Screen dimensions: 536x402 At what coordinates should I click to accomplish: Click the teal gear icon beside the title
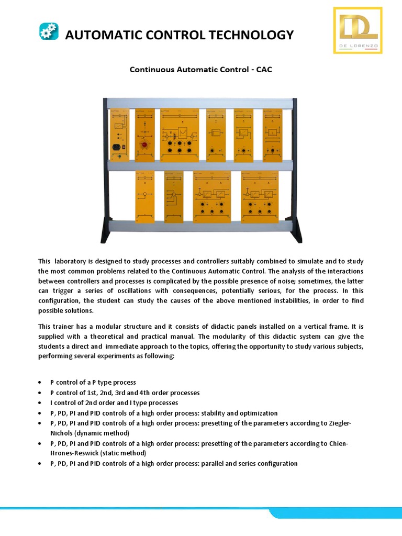click(49, 31)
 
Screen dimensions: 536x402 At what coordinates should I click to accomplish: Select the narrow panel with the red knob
click(145, 136)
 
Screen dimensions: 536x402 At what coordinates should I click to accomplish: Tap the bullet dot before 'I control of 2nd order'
click(41, 403)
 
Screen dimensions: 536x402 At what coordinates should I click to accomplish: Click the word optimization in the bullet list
click(256, 413)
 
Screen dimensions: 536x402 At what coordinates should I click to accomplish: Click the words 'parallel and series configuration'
click(252, 463)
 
